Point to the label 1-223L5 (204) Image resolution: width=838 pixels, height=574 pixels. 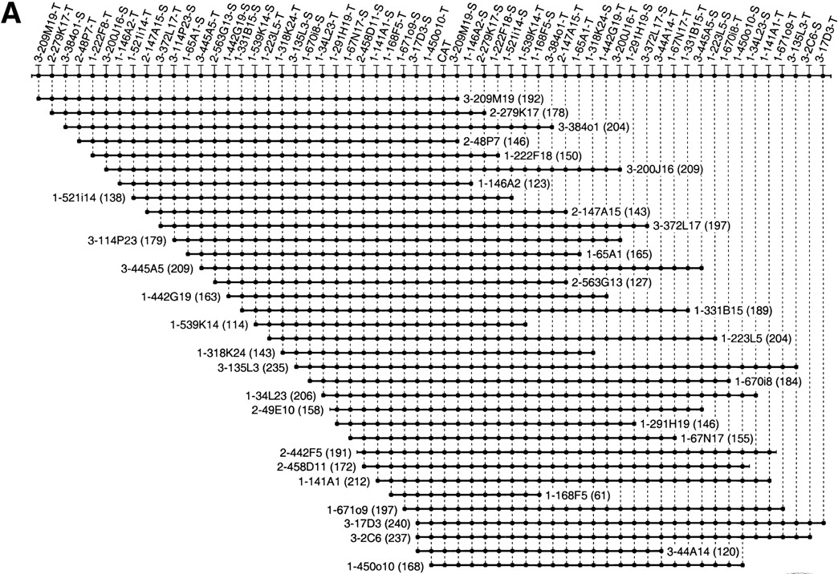[756, 338]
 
